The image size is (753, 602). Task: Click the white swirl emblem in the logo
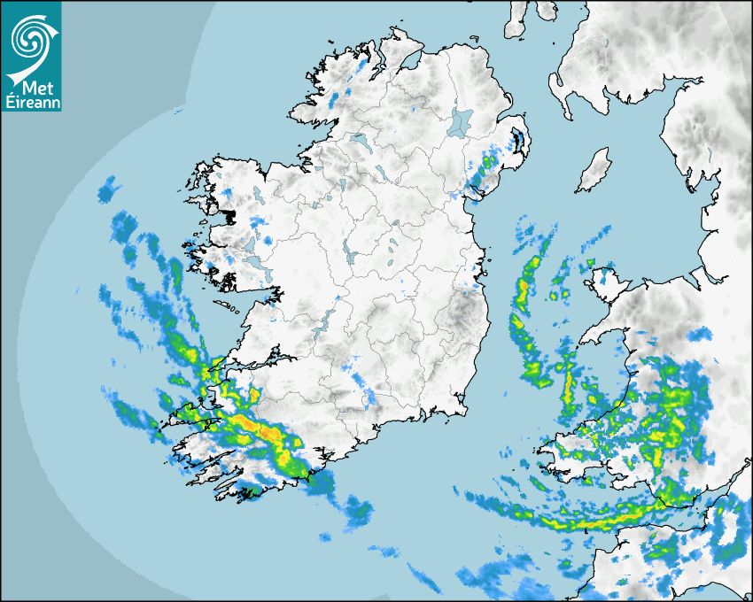point(30,37)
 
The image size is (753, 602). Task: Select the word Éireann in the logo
point(32,103)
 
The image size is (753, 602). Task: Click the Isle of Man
point(594,170)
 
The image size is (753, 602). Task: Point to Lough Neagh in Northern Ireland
point(460,121)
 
